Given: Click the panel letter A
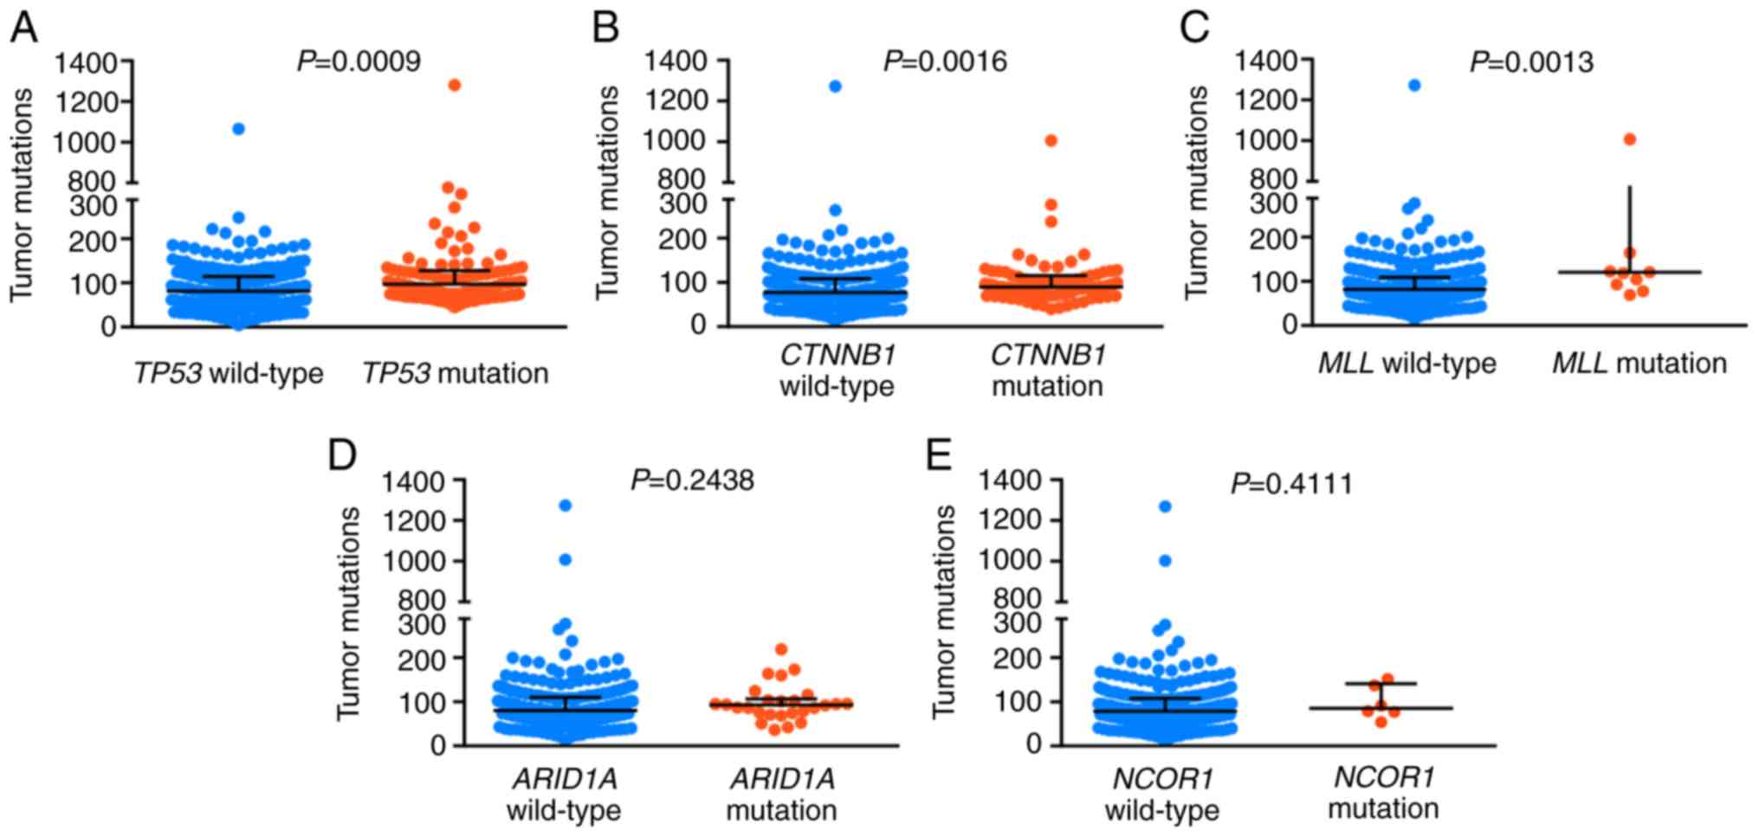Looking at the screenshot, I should [x=23, y=29].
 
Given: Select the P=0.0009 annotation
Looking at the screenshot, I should [x=359, y=61].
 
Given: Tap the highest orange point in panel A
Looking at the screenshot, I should [x=455, y=85].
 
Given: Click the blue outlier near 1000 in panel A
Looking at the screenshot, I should [x=238, y=129].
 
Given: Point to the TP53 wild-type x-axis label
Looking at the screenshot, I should [x=229, y=373].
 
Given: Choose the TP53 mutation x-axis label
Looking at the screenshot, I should [x=456, y=373].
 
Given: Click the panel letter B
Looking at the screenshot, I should [x=605, y=29].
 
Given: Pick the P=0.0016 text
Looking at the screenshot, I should [x=945, y=61].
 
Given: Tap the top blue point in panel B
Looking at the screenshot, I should [x=835, y=86].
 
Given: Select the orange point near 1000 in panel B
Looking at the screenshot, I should [x=1051, y=140].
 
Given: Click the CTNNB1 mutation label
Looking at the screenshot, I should [x=1048, y=370].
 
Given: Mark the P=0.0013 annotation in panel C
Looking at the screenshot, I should [x=1531, y=61].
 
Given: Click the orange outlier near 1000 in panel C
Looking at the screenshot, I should [x=1630, y=139].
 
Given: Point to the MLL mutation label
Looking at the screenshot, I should [x=1639, y=363].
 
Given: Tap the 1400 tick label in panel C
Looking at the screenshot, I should [x=1266, y=61].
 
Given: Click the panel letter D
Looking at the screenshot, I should [x=341, y=454].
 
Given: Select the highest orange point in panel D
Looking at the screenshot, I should [x=781, y=649].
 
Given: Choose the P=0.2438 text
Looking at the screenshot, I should [x=692, y=479].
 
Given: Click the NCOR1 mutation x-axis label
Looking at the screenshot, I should [x=1383, y=793].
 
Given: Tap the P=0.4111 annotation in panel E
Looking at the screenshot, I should [x=1291, y=483].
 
